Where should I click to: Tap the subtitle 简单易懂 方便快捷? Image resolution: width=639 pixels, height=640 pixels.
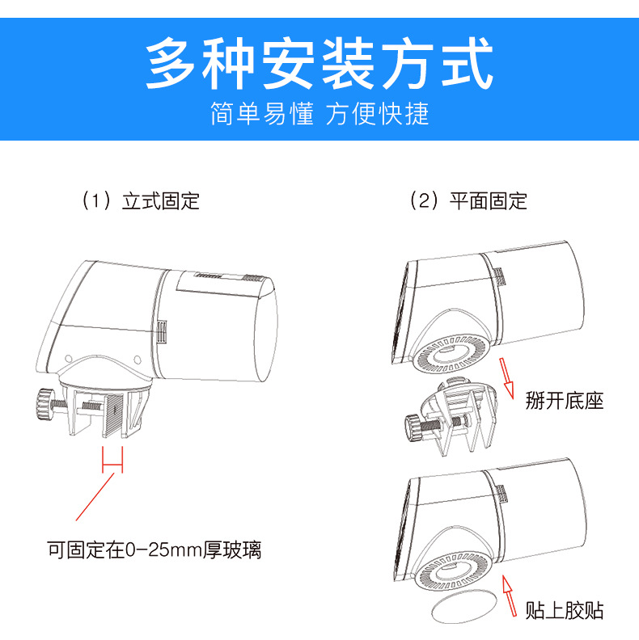319,113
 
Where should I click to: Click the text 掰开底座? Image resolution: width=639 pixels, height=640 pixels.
564,400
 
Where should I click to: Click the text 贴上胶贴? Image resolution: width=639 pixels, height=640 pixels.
564,609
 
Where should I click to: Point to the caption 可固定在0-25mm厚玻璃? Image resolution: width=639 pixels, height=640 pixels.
154,550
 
